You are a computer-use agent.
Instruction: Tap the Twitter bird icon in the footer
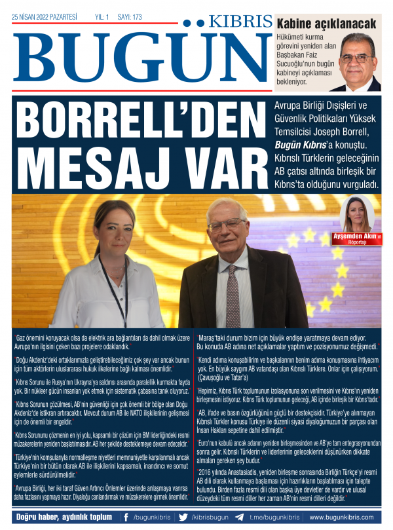[183, 517]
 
